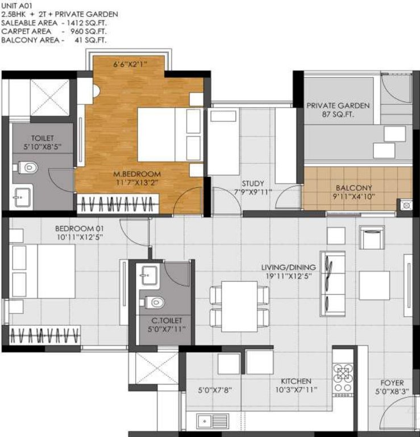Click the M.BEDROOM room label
[x=136, y=174]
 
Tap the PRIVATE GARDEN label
[x=338, y=105]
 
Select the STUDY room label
[x=252, y=183]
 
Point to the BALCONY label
[x=354, y=188]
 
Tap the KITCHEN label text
[x=296, y=381]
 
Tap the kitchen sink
[x=211, y=422]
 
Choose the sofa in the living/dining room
[x=333, y=283]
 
